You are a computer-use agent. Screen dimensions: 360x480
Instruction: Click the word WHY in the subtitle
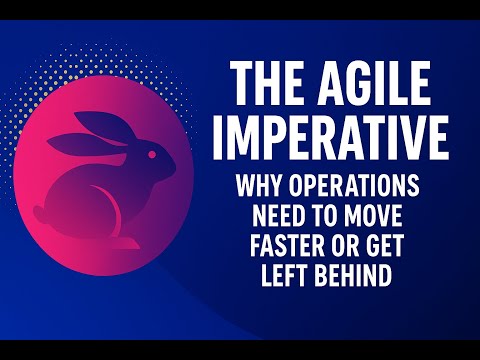pyautogui.click(x=257, y=187)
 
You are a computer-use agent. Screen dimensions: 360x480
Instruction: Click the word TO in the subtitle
pyautogui.click(x=330, y=216)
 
